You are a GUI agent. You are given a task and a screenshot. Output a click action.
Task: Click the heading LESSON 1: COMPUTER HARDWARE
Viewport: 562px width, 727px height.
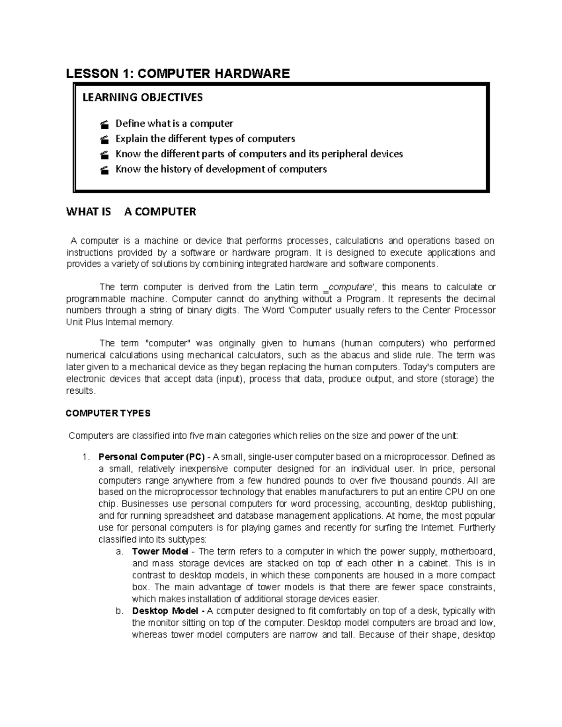pos(178,73)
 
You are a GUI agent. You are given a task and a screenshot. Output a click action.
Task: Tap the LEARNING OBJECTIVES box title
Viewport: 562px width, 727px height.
pos(143,97)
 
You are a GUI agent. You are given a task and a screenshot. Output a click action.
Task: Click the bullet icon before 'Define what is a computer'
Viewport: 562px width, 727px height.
pos(104,124)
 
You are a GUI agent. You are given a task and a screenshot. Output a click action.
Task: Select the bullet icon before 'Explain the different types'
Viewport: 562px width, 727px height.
pos(104,139)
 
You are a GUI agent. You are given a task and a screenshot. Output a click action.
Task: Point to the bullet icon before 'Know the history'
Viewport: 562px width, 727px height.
pos(104,169)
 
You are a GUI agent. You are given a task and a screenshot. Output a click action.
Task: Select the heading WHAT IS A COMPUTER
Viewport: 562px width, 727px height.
pos(131,212)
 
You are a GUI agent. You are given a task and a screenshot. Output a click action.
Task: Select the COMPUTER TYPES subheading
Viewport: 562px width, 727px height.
pos(108,413)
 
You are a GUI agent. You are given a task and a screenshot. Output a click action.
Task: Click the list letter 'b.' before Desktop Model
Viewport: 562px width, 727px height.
pos(119,611)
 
